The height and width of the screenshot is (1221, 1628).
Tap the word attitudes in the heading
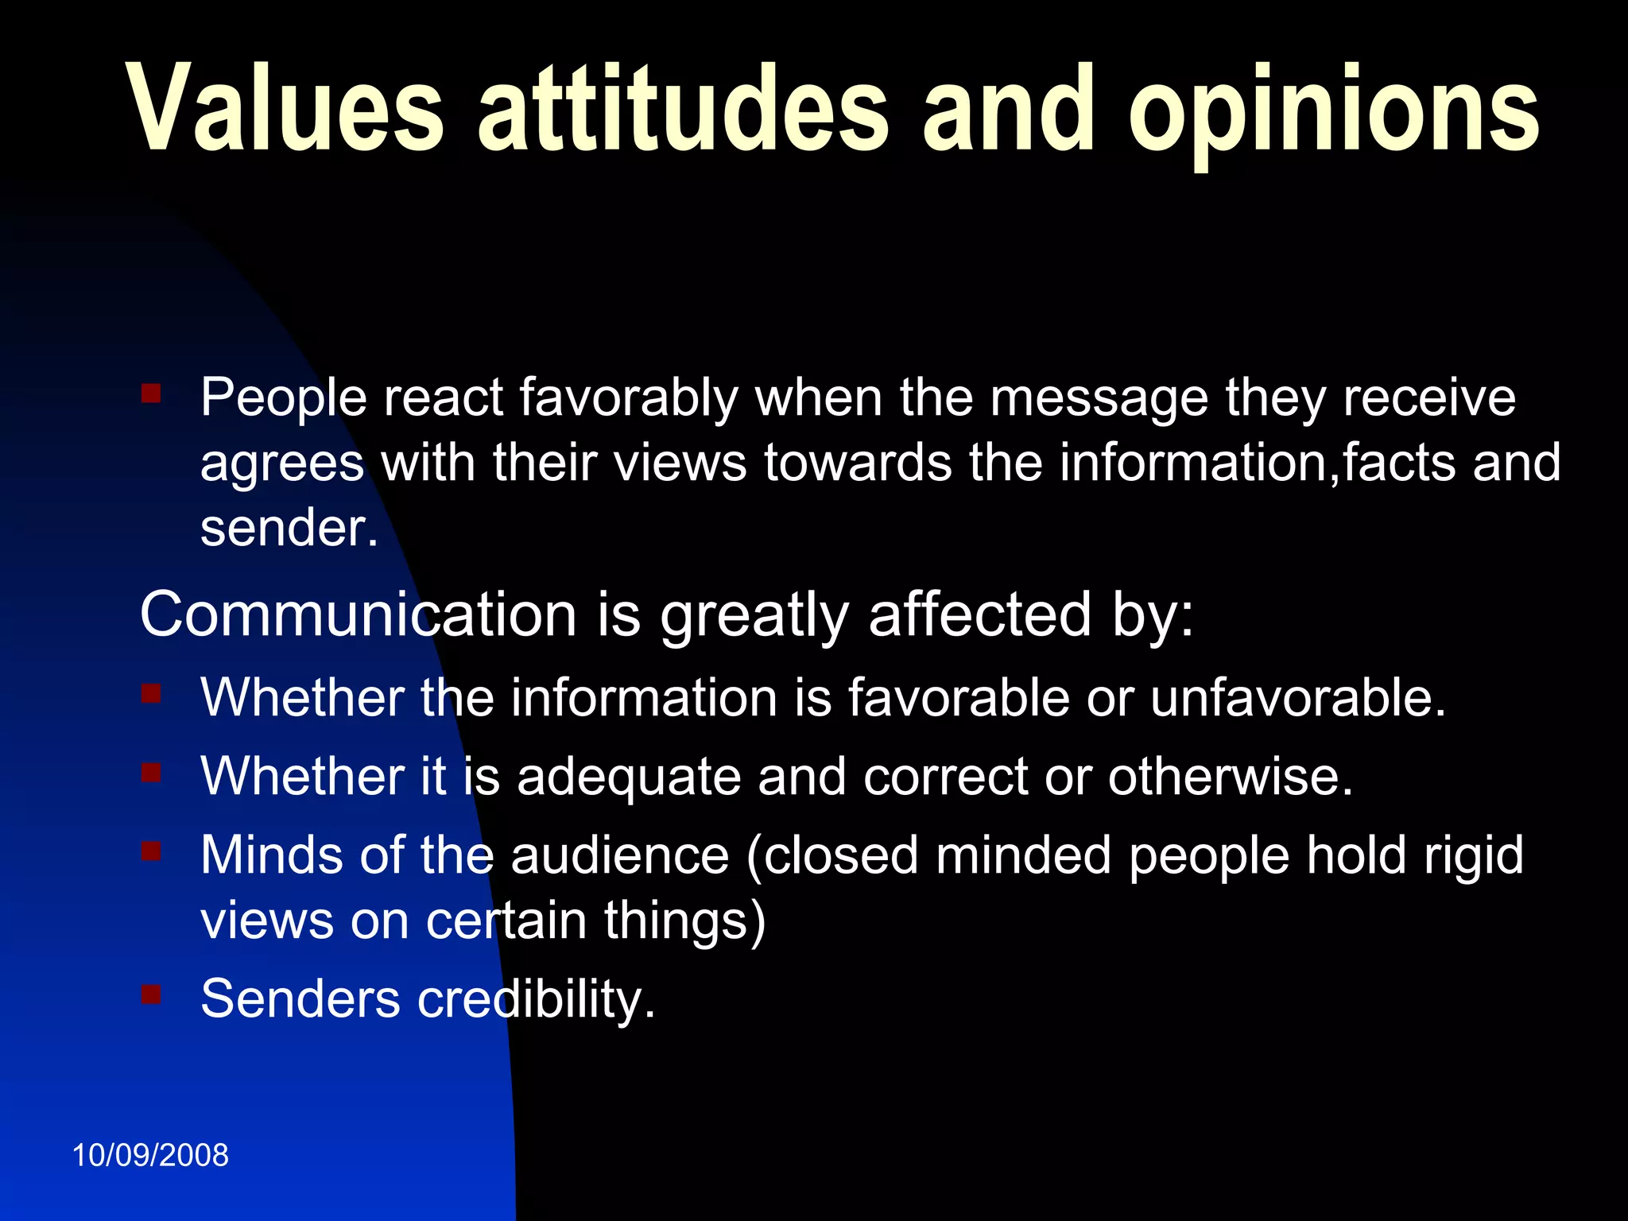682,107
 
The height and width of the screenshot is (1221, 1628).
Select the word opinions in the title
1333,111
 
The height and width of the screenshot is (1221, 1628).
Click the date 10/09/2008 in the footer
150,1155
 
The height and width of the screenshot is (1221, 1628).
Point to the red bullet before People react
151,393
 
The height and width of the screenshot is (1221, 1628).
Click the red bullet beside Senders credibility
151,994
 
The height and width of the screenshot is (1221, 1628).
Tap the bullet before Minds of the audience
151,852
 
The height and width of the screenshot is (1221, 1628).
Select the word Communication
358,614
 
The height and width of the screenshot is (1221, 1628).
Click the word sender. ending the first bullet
289,529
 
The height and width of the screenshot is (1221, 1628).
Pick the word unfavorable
1297,698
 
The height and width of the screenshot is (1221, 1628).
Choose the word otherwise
1230,777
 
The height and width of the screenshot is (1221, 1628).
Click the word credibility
537,999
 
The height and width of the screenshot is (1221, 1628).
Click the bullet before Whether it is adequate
151,773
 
